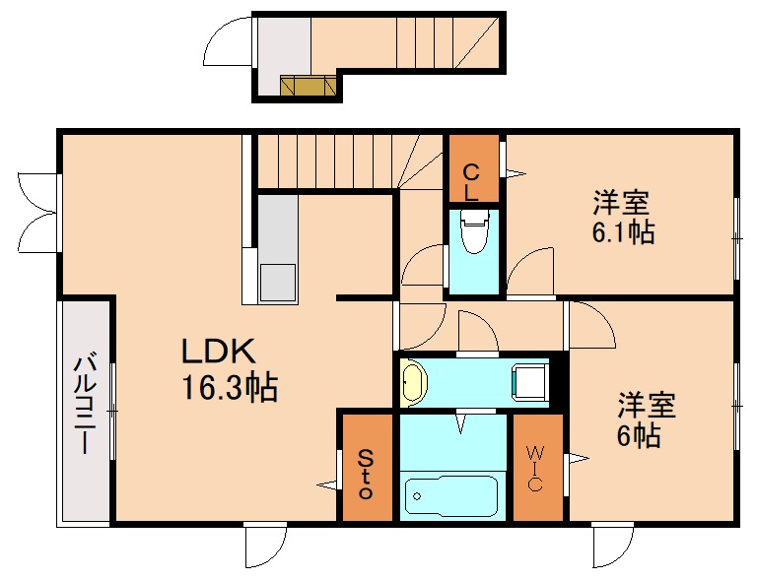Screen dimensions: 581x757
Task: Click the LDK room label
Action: click(x=218, y=352)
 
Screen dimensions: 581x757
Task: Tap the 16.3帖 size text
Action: click(x=228, y=387)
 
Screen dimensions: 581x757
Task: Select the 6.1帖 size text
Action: click(x=623, y=233)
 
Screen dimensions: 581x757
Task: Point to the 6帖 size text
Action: click(x=640, y=435)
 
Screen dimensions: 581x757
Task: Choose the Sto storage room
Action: click(x=366, y=471)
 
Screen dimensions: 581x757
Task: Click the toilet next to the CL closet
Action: click(x=474, y=235)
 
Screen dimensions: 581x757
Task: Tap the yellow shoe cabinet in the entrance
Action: click(x=309, y=87)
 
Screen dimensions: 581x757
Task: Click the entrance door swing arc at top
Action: click(x=228, y=41)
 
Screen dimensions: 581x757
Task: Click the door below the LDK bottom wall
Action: click(x=265, y=544)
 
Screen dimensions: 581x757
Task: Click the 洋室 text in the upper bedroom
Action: click(x=621, y=204)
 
